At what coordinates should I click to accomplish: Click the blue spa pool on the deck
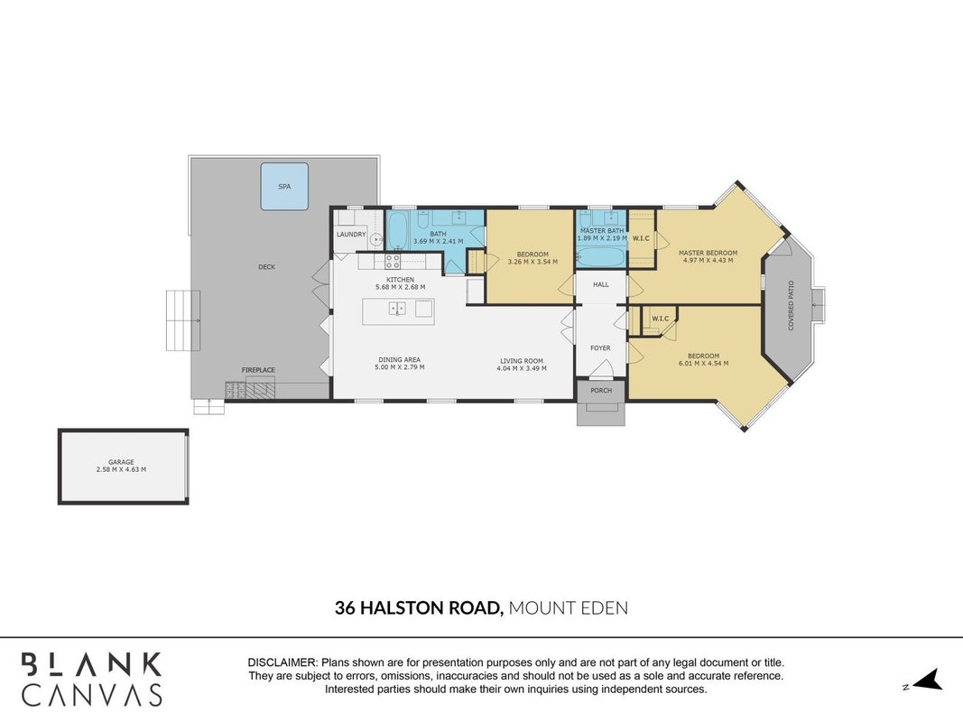point(284,186)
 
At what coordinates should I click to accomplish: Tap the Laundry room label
point(351,235)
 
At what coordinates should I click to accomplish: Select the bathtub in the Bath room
point(397,230)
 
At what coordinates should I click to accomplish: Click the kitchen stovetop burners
point(393,262)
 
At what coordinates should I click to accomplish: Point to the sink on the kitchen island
point(397,308)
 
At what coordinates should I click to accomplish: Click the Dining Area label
point(399,360)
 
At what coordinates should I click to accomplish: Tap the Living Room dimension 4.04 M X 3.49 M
point(522,368)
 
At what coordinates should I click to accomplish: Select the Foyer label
point(601,348)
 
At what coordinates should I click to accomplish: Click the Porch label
point(601,391)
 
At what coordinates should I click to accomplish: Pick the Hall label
point(601,284)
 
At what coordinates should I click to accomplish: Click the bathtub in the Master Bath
point(601,256)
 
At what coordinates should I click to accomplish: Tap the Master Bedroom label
point(708,253)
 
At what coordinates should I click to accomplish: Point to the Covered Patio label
point(791,306)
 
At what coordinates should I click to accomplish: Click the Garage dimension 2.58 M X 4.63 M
point(121,469)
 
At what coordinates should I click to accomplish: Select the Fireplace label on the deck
point(258,370)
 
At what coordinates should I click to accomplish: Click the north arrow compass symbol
point(928,680)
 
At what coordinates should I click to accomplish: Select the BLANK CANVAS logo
point(92,679)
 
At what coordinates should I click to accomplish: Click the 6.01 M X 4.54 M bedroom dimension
point(704,364)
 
